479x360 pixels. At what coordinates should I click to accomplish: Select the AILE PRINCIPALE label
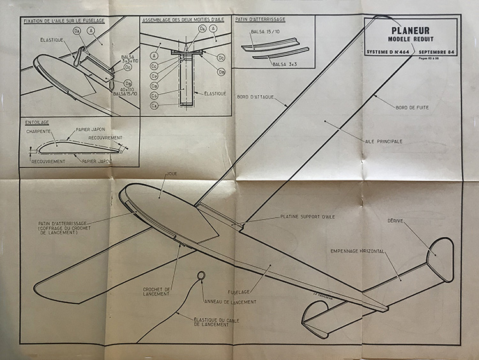(383, 141)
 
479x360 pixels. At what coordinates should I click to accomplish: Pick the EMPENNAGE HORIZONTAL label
(357, 251)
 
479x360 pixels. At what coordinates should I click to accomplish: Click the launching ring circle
(201, 275)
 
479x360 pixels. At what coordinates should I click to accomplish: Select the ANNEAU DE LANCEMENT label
(230, 301)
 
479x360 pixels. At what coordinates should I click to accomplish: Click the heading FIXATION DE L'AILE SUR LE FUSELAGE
(64, 20)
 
